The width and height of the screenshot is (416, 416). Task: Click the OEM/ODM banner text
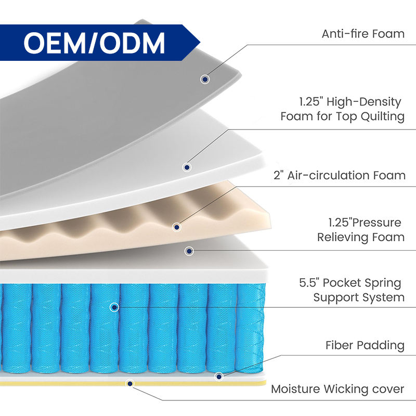point(94,43)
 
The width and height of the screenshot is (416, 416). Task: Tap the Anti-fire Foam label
point(363,34)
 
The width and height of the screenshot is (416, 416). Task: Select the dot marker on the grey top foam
point(204,79)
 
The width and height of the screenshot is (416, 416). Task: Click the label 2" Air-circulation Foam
point(340,175)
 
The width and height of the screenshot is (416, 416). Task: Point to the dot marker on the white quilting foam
point(187,167)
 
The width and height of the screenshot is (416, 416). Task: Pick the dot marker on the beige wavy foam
point(177,227)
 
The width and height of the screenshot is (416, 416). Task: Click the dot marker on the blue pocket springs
point(114,307)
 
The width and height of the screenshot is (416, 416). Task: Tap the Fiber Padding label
point(365,345)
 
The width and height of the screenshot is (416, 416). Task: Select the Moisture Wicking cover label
point(337,389)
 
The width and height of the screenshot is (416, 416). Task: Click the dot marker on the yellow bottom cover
point(129,383)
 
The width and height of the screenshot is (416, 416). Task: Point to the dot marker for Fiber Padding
point(218,376)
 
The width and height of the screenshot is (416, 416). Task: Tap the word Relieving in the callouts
point(342,237)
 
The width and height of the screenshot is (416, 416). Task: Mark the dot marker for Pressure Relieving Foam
point(189,251)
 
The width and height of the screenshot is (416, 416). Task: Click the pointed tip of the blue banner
point(200,43)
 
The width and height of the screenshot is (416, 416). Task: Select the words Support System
point(359,297)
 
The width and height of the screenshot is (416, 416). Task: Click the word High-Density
point(363,102)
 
